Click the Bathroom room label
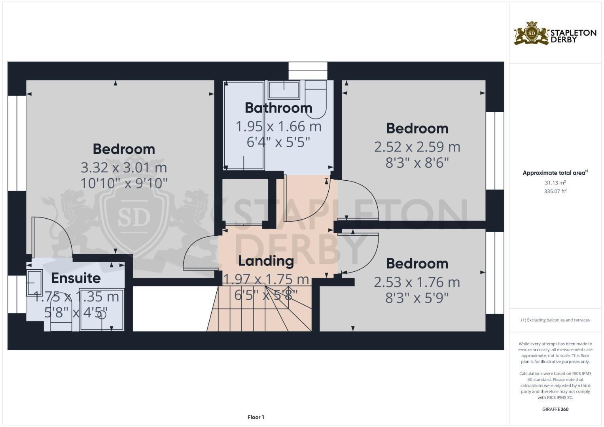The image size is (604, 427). click(x=278, y=108)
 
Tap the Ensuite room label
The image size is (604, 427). click(x=76, y=278)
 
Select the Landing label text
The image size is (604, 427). click(x=266, y=261)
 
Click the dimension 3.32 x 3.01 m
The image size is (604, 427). click(x=124, y=168)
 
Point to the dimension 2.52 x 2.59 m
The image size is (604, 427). click(x=417, y=147)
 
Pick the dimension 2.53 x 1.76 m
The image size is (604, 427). click(x=417, y=282)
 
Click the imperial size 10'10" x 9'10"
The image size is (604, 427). click(x=124, y=183)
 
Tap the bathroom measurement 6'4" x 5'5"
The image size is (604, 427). click(x=278, y=142)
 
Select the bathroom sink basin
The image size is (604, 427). click(x=284, y=90)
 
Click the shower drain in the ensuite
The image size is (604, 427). click(x=102, y=315)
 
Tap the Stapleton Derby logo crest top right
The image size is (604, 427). click(x=531, y=34)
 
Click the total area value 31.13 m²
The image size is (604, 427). click(x=555, y=183)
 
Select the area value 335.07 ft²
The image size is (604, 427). click(x=555, y=191)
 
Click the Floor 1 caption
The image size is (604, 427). click(x=256, y=417)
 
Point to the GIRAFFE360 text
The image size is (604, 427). click(x=555, y=409)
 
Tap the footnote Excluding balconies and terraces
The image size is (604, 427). click(x=555, y=320)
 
